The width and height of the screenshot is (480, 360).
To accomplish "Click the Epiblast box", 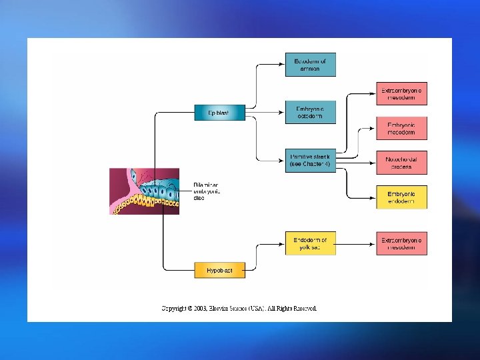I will point(213,113).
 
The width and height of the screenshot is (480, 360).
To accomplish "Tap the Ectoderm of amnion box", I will point(310,65).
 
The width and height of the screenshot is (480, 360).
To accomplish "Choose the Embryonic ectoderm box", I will point(310,112).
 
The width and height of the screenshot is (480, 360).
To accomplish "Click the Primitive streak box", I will point(310,161).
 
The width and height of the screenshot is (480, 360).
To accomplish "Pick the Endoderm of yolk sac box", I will point(310,243).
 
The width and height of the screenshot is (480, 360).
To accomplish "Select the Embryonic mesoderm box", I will point(401,129).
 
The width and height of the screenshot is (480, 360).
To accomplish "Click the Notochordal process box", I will point(401,163).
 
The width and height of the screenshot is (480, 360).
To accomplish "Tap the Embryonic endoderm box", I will point(401,197).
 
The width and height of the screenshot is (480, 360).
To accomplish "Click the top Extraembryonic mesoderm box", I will point(401,94).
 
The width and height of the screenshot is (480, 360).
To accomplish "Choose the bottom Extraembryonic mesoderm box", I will point(401,243).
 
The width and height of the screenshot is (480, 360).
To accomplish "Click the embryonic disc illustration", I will point(145,191).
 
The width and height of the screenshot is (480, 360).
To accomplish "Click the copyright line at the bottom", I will point(239,308).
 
